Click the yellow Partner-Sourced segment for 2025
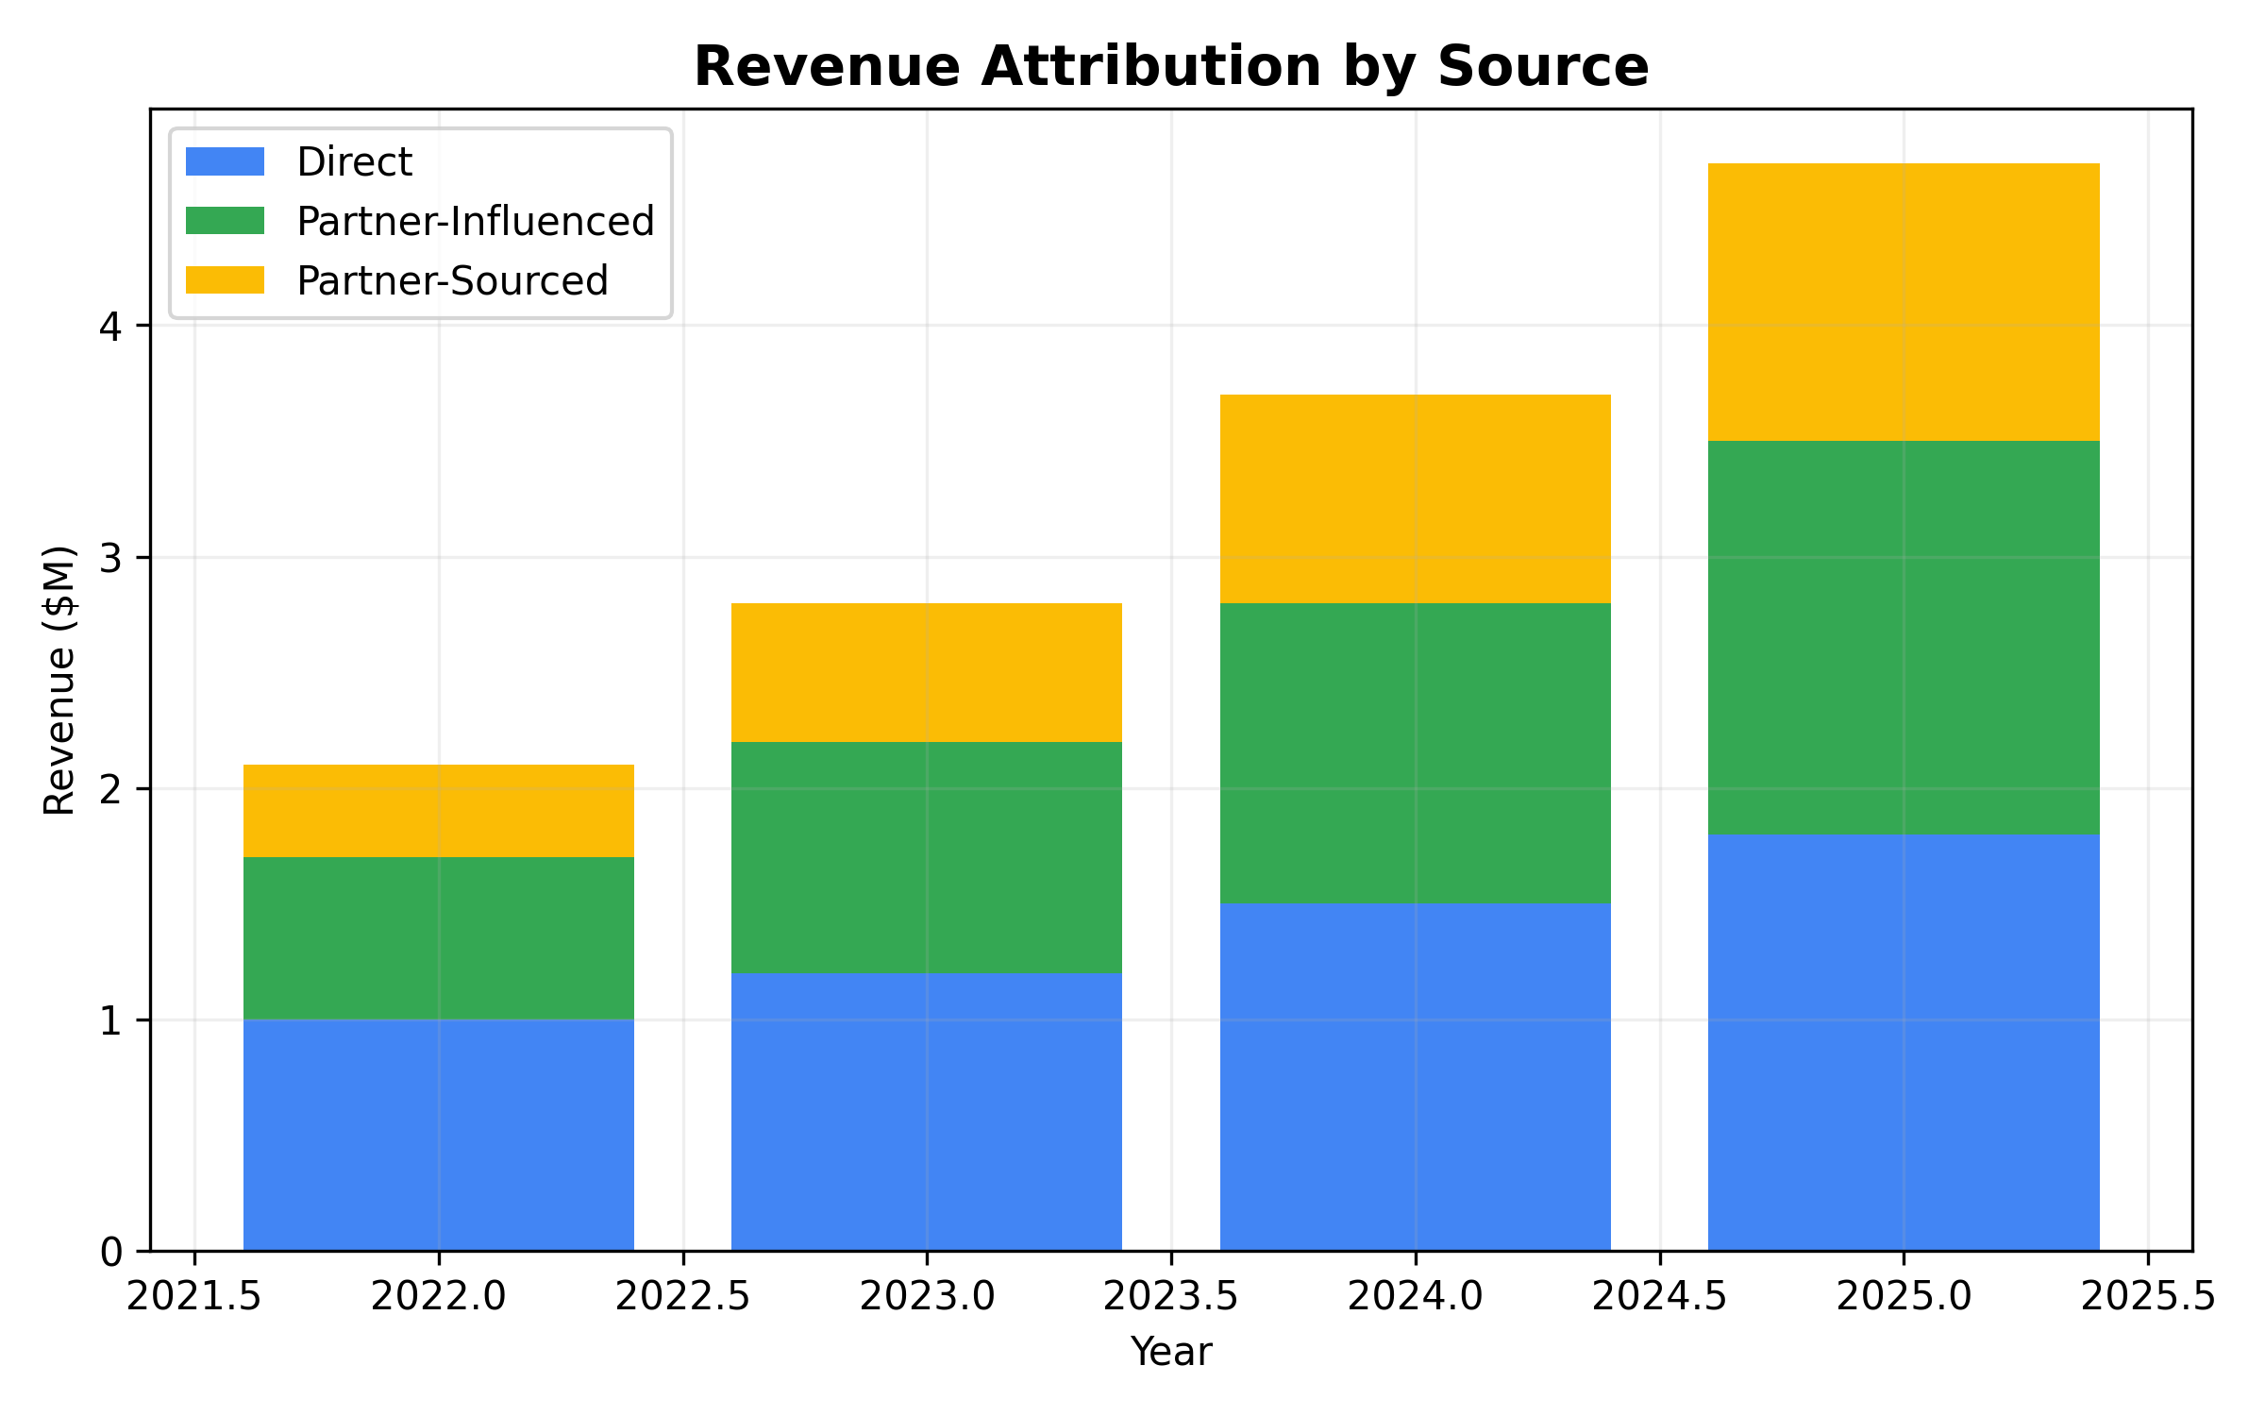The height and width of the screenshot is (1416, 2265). pyautogui.click(x=1904, y=302)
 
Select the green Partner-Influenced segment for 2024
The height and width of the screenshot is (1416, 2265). pyautogui.click(x=1415, y=753)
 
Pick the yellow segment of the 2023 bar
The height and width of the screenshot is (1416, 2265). pyautogui.click(x=927, y=672)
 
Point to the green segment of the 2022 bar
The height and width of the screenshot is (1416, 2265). pyautogui.click(x=439, y=938)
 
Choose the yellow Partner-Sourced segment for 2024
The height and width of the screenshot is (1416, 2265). pyautogui.click(x=1415, y=498)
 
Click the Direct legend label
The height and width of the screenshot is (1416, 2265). pyautogui.click(x=354, y=162)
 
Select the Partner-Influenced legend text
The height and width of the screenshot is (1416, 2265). pyautogui.click(x=475, y=222)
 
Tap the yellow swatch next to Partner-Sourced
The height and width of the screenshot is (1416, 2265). pyautogui.click(x=225, y=280)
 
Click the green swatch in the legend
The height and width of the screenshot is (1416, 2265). pyautogui.click(x=225, y=221)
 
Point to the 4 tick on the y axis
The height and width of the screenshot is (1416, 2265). pyautogui.click(x=111, y=327)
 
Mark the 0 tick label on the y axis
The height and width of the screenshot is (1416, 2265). pyautogui.click(x=111, y=1253)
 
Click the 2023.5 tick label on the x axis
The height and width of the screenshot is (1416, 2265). pyautogui.click(x=1170, y=1297)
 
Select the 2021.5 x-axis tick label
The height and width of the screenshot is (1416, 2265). pyautogui.click(x=194, y=1297)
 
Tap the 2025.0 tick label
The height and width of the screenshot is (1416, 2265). pyautogui.click(x=1904, y=1297)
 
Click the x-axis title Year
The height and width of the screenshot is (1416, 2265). pyautogui.click(x=1170, y=1352)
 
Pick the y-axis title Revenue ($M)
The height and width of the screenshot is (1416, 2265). pyautogui.click(x=59, y=680)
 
